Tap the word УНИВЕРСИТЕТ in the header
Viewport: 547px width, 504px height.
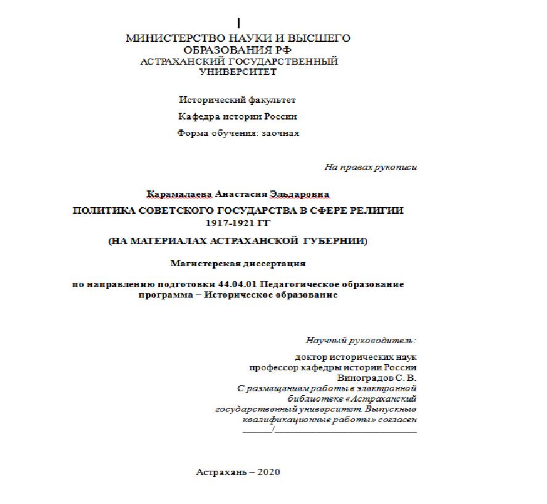click(238, 72)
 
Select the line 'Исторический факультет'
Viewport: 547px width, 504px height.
click(237, 99)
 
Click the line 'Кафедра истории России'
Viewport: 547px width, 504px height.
click(237, 116)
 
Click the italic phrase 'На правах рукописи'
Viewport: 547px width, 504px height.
click(371, 167)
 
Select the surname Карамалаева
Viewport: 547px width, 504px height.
click(179, 194)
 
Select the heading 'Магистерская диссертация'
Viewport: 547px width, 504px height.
click(238, 263)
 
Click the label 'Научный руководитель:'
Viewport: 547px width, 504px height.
click(361, 339)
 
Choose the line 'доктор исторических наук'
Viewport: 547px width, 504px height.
click(356, 357)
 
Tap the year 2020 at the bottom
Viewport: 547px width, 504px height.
click(269, 473)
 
